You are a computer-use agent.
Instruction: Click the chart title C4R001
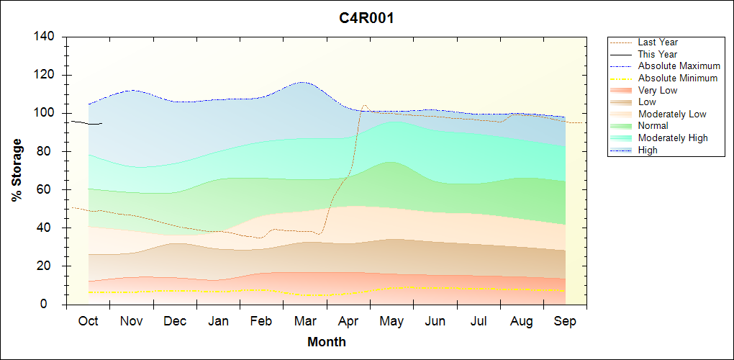366,18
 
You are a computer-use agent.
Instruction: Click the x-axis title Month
326,342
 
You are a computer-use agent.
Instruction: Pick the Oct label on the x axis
88,322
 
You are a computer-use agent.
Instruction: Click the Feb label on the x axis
261,322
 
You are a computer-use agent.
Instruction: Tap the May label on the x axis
391,322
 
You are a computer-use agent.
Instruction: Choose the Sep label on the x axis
565,322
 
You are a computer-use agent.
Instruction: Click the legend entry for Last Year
658,42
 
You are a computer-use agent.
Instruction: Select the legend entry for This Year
657,54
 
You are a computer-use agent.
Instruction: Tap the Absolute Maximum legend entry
679,66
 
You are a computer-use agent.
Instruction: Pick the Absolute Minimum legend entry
678,78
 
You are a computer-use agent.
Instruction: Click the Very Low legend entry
657,90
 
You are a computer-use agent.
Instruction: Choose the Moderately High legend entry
673,138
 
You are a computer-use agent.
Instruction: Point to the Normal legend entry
653,126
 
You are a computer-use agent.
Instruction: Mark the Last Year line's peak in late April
364,105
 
